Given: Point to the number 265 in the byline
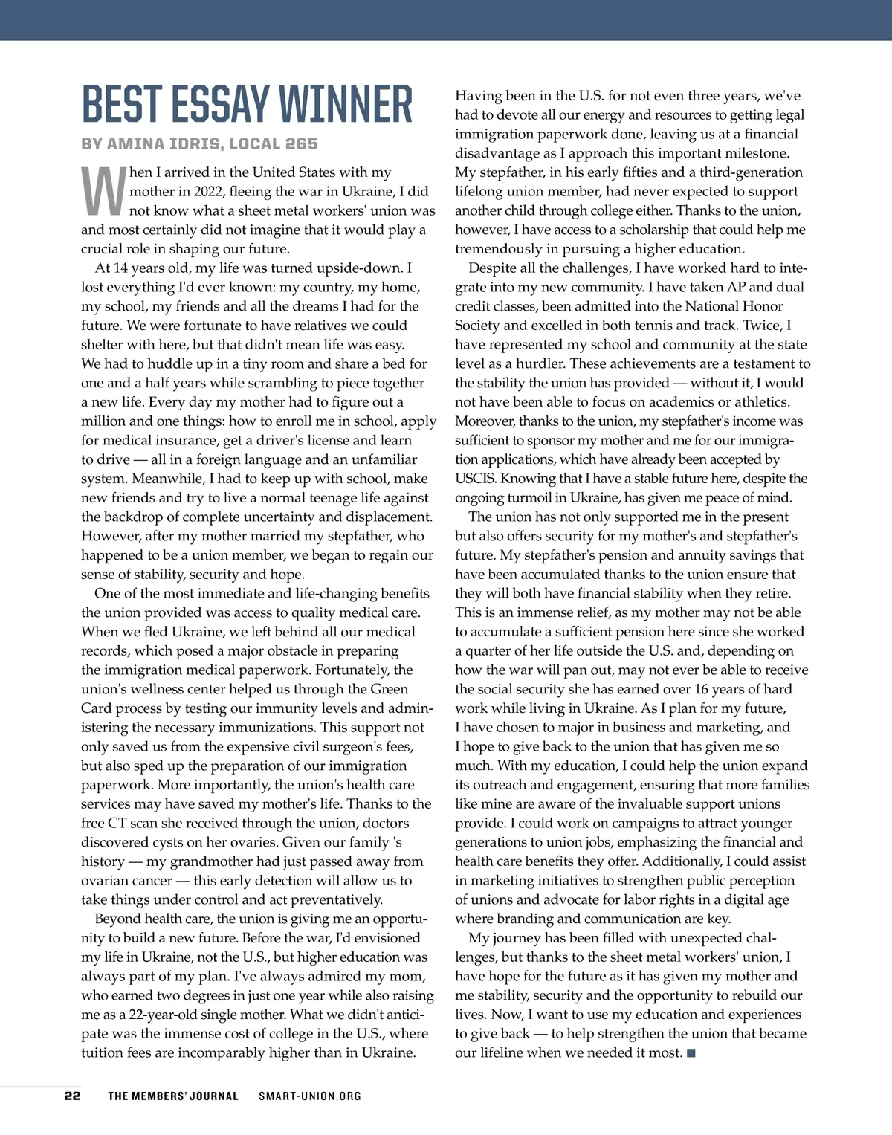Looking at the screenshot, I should pyautogui.click(x=301, y=144).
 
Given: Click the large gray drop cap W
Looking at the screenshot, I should pyautogui.click(x=103, y=191).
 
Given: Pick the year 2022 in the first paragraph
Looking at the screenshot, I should pyautogui.click(x=209, y=192).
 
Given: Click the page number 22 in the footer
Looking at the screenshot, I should pyautogui.click(x=72, y=1096).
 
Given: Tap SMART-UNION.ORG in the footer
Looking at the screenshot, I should pyautogui.click(x=310, y=1096).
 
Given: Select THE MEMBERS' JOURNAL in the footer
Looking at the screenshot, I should pyautogui.click(x=173, y=1096).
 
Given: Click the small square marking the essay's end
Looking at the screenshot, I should pyautogui.click(x=691, y=1052).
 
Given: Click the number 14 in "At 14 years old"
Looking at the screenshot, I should pyautogui.click(x=121, y=268).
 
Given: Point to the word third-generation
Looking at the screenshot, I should pyautogui.click(x=751, y=172).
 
